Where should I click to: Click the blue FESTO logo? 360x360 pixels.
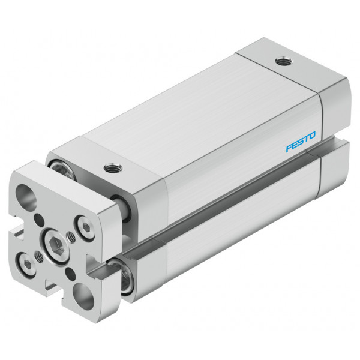coord(301,142)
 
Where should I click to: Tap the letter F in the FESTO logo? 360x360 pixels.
coord(289,148)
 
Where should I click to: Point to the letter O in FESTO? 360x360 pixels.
coord(312,136)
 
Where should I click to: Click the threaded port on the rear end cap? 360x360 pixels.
coord(284,61)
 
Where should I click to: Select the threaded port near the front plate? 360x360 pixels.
coord(113,168)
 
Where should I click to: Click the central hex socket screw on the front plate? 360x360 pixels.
coord(57,244)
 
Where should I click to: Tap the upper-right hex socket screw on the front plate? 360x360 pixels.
coord(86,227)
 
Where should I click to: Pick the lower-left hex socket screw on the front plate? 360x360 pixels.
coord(27,265)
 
